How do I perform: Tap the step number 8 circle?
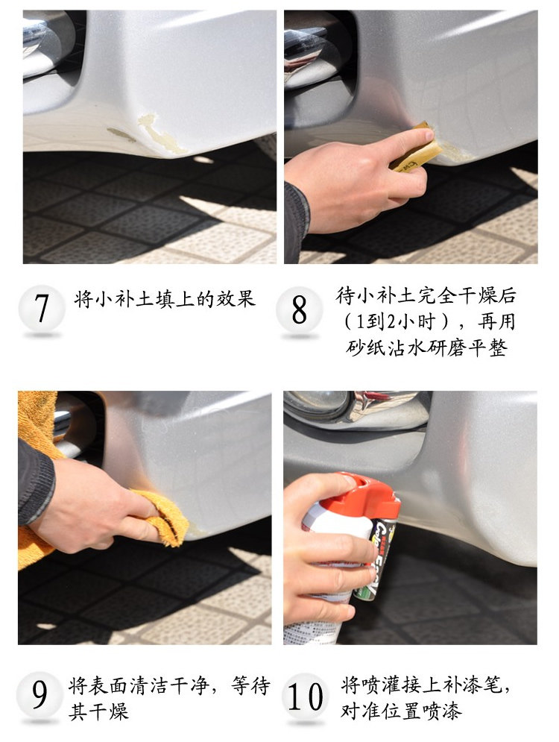[299, 310]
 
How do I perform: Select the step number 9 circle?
[39, 694]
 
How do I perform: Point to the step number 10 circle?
[306, 697]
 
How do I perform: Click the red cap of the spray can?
[365, 493]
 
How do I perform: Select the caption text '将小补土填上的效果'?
[165, 300]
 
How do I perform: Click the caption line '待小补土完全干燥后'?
[426, 297]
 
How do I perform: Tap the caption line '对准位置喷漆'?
[402, 711]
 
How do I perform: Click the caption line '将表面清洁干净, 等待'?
[169, 685]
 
